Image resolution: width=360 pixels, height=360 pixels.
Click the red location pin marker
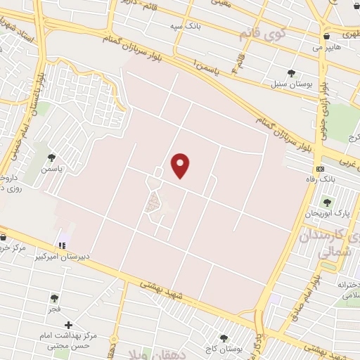[181, 165]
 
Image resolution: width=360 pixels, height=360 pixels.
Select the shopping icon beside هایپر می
[326, 36]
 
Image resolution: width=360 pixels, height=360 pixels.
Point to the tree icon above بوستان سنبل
[291, 73]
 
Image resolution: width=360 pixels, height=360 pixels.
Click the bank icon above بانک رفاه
[321, 169]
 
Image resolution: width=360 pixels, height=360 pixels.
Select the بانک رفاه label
[328, 180]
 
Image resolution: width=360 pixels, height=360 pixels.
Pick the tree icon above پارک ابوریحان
[327, 202]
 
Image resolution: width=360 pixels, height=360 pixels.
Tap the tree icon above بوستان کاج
[224, 338]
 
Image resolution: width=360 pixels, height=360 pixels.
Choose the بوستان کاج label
[224, 349]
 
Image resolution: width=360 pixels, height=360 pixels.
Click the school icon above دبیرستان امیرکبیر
[63, 245]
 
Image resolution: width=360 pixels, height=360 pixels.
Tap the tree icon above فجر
[54, 297]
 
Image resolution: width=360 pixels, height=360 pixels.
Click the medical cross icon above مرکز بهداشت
[68, 325]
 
